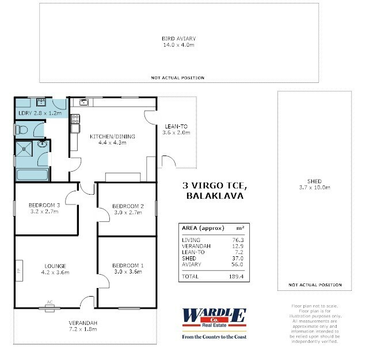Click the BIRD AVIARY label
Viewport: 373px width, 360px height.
click(178, 39)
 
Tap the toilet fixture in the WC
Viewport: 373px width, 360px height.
click(22, 130)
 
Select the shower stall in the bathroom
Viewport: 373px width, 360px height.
click(24, 149)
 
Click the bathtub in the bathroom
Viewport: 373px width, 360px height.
click(32, 175)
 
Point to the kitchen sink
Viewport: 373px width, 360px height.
click(83, 103)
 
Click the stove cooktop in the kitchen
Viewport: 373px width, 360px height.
click(75, 119)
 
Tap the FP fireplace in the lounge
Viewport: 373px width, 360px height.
click(19, 271)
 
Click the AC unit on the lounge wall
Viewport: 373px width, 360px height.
click(50, 308)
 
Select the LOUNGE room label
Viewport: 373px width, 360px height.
click(55, 266)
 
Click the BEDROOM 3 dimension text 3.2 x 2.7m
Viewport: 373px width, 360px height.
click(44, 211)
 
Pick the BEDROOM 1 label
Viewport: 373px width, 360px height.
click(128, 266)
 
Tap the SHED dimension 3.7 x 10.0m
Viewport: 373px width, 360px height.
click(314, 187)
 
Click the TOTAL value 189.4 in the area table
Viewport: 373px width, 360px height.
click(236, 276)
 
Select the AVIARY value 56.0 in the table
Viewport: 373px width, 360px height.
click(237, 264)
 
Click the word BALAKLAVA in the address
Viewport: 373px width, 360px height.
click(215, 196)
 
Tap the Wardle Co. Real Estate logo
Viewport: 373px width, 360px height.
click(214, 323)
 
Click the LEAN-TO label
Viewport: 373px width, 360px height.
click(176, 126)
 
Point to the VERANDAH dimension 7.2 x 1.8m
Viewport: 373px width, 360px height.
click(83, 329)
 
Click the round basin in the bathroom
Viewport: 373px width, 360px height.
click(43, 144)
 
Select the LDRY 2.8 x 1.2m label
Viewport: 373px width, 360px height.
click(40, 113)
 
